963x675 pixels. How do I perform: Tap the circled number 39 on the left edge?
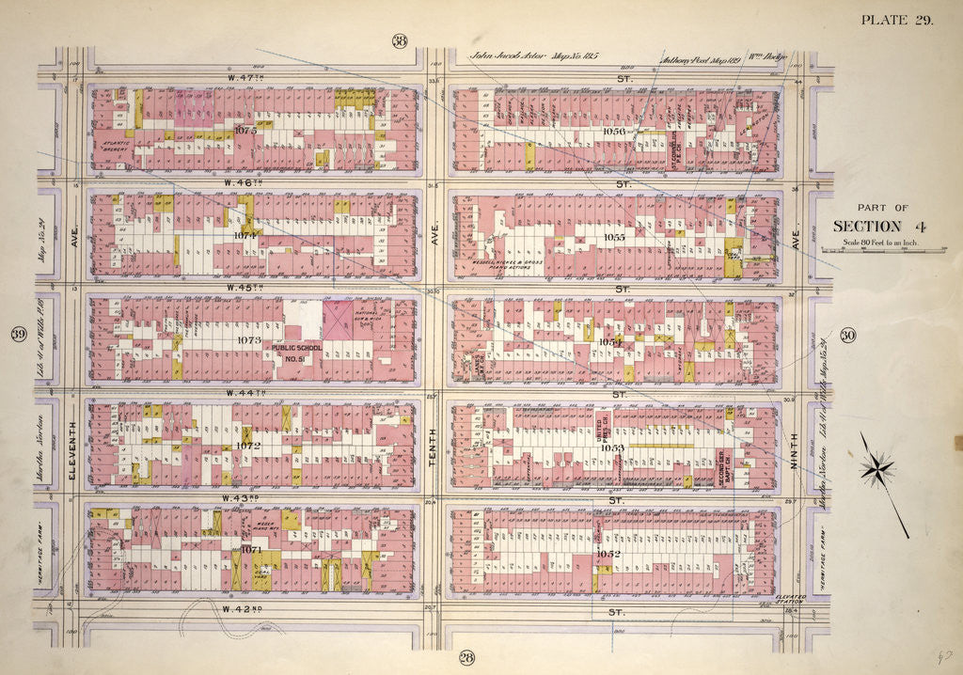click(x=17, y=336)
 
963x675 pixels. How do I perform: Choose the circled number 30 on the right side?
click(x=848, y=336)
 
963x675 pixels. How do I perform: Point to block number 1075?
click(x=245, y=131)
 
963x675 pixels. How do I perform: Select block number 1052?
click(x=608, y=555)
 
